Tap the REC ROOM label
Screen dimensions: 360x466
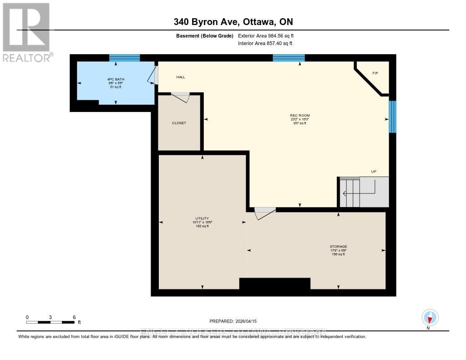pos(299,116)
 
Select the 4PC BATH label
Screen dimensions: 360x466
pos(115,80)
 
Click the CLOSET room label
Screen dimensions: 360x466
pos(179,123)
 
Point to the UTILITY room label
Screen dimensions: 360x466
pos(202,218)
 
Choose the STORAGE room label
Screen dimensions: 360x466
pos(338,247)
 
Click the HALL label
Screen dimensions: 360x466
pos(181,77)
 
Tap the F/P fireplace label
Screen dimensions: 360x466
pos(375,73)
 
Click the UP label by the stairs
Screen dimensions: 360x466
pos(374,172)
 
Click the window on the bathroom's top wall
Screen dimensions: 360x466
pos(124,58)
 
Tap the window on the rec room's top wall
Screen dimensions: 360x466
pos(289,58)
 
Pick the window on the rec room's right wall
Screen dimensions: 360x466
pos(392,117)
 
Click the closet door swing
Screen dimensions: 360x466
pos(181,96)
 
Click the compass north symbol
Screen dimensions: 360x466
pos(430,318)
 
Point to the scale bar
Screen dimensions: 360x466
pos(50,322)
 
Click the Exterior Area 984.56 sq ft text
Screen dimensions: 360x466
pos(269,35)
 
